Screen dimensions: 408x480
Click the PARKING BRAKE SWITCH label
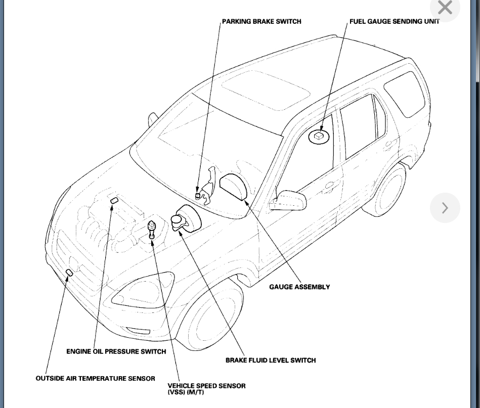point(261,22)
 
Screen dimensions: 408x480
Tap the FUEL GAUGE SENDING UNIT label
point(394,22)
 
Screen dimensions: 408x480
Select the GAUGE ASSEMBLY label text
point(299,287)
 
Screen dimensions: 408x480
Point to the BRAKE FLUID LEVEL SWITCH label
point(271,360)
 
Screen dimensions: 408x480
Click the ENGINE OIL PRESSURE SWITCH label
point(116,351)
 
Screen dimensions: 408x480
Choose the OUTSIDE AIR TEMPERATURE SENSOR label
point(95,378)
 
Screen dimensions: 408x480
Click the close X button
point(445,8)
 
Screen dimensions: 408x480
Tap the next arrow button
point(445,208)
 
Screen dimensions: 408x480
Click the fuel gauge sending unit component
point(319,135)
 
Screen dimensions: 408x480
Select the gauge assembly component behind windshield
point(234,188)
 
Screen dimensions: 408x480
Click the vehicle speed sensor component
point(152,229)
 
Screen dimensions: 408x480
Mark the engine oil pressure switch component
point(114,201)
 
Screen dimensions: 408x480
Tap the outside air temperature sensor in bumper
point(69,273)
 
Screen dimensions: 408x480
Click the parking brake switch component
point(199,195)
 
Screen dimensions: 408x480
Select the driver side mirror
point(289,200)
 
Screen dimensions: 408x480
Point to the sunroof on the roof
point(266,89)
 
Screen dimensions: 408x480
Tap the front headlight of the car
point(142,291)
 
